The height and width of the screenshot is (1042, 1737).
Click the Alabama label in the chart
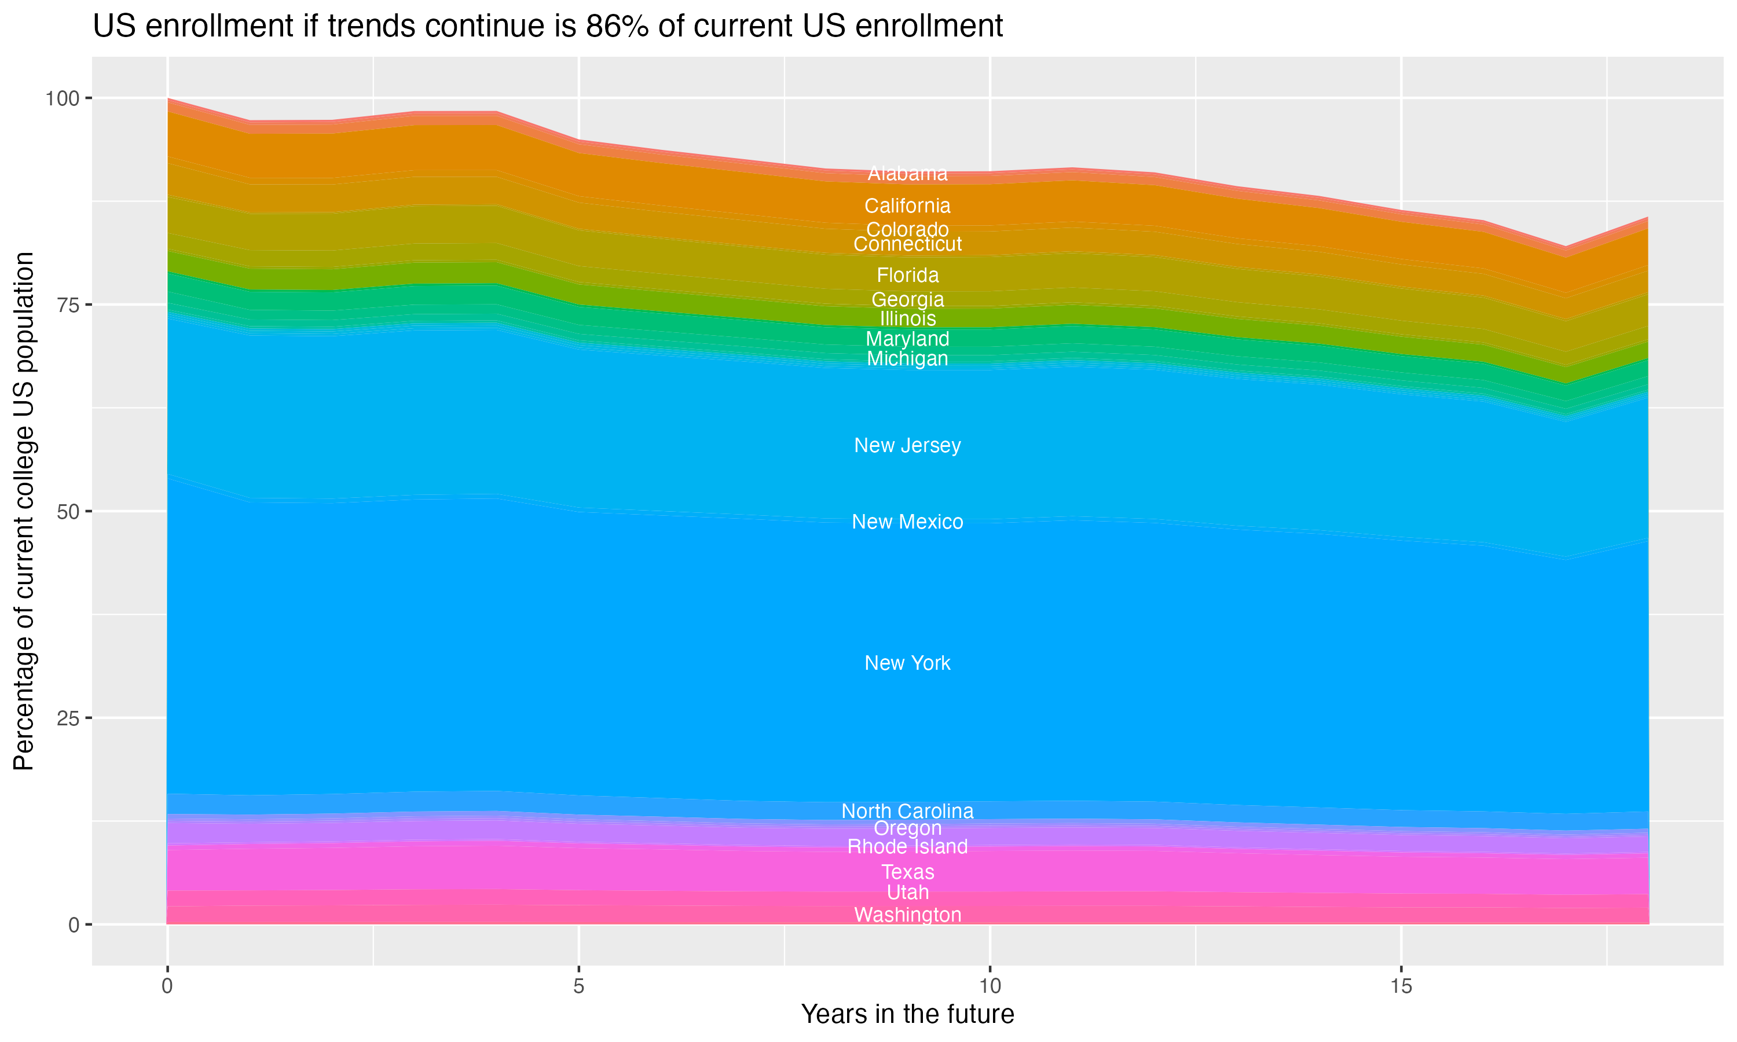click(x=907, y=174)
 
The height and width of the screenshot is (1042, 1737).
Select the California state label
click(x=907, y=206)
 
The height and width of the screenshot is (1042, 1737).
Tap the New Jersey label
click(x=907, y=445)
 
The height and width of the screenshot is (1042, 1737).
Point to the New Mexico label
click(x=907, y=522)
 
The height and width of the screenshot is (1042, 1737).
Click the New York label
click(x=907, y=663)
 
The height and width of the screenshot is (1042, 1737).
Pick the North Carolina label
click(x=907, y=811)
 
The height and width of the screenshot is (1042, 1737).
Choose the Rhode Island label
click(x=907, y=847)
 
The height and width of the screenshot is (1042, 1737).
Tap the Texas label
click(x=907, y=872)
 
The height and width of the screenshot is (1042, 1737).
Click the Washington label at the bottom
click(x=907, y=915)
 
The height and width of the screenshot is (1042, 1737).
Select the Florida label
click(x=907, y=275)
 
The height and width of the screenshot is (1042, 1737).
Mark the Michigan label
click(x=907, y=359)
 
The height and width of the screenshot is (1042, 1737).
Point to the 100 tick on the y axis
click(x=62, y=98)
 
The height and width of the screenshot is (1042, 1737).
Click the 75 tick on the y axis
click(x=67, y=304)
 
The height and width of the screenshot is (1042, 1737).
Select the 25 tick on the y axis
click(x=67, y=718)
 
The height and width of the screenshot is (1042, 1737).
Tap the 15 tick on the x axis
click(x=1401, y=986)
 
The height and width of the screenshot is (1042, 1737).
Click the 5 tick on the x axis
click(x=578, y=986)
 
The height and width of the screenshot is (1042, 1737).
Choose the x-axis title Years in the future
click(x=907, y=1014)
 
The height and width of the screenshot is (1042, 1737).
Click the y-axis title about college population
click(x=24, y=511)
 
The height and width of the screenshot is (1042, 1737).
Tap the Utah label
click(x=907, y=893)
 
